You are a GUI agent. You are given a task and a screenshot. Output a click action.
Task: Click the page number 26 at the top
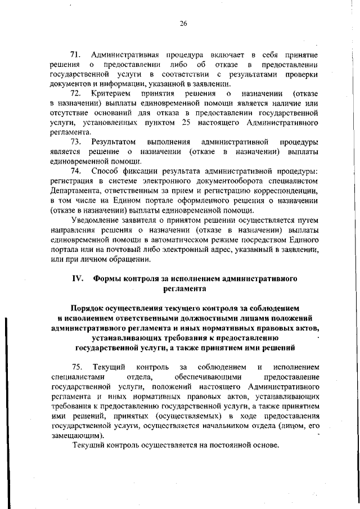click(x=183, y=23)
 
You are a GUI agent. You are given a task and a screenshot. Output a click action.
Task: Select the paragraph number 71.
click(x=75, y=55)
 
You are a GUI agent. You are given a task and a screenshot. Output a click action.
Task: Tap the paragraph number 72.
click(x=75, y=93)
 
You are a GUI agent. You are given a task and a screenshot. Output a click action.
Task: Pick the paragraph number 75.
click(x=76, y=367)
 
